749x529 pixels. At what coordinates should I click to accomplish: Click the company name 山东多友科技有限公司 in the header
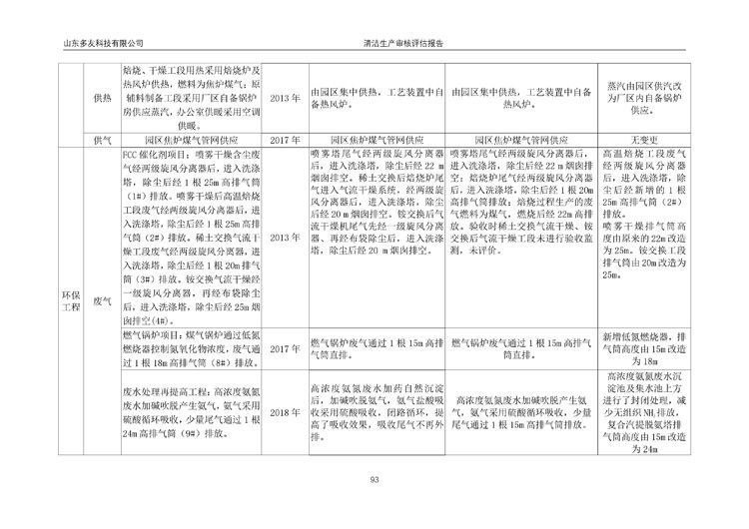click(x=103, y=45)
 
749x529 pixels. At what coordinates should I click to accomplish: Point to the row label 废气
click(x=101, y=299)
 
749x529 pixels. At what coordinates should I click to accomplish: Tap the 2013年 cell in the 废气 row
click(x=285, y=237)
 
